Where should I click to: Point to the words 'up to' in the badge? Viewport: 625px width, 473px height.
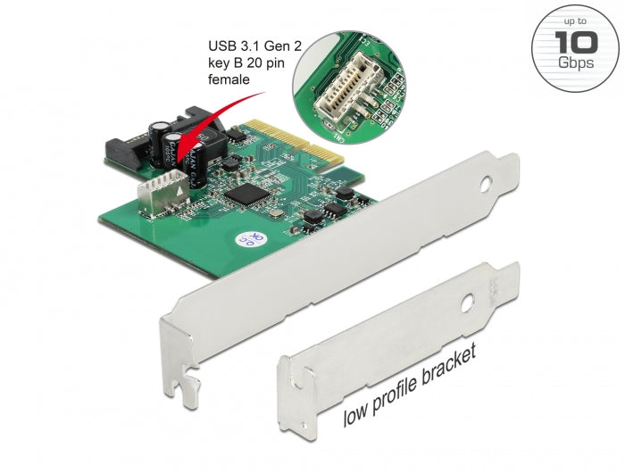(576, 20)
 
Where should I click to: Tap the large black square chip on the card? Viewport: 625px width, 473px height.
(242, 194)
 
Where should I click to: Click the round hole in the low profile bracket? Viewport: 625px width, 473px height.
(467, 295)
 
